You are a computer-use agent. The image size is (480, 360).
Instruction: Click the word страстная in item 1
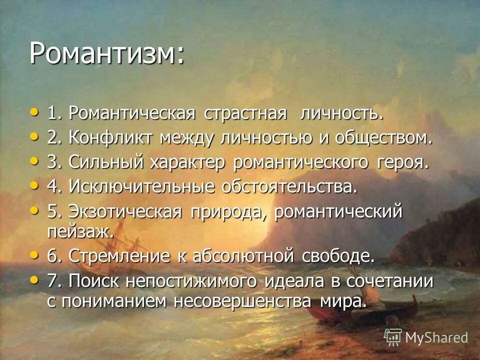pos(245,113)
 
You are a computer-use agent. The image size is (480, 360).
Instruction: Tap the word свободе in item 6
pos(338,256)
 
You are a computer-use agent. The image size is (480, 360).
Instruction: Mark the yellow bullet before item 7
pos(33,280)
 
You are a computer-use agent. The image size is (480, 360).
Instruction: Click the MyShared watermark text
pos(436,337)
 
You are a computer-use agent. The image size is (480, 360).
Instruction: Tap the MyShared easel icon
pos(393,337)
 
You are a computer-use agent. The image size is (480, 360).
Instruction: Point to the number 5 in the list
pos(52,212)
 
